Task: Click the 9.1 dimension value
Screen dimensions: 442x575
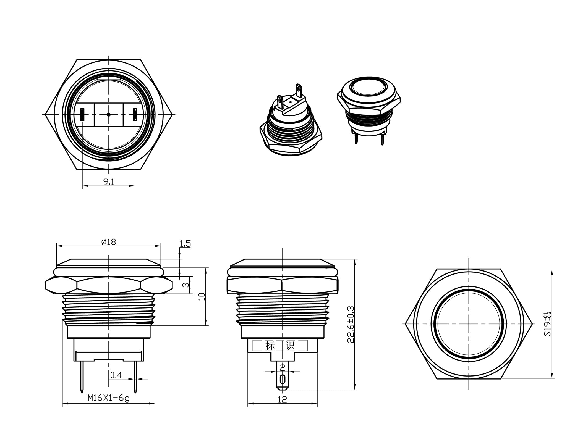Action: pyautogui.click(x=108, y=182)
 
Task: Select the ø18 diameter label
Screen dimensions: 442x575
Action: pyautogui.click(x=109, y=242)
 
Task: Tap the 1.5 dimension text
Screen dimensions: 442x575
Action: pyautogui.click(x=185, y=244)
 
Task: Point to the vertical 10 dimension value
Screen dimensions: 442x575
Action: pyautogui.click(x=202, y=296)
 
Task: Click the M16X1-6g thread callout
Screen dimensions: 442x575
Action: pyautogui.click(x=108, y=398)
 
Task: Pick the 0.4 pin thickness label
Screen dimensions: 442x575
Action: pyautogui.click(x=116, y=375)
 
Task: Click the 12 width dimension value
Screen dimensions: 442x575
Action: pyautogui.click(x=282, y=399)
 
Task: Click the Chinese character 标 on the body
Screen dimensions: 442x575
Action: pyautogui.click(x=270, y=346)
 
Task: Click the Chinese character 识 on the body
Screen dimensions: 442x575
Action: pyautogui.click(x=290, y=346)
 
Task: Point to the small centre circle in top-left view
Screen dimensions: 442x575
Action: pyautogui.click(x=108, y=114)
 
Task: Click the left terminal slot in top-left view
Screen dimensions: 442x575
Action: pyautogui.click(x=82, y=114)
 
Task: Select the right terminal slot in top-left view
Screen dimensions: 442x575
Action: pyautogui.click(x=135, y=114)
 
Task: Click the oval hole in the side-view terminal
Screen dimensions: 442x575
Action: pyautogui.click(x=282, y=380)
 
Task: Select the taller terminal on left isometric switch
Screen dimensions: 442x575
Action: pyautogui.click(x=299, y=91)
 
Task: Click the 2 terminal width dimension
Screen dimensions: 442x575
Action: pyautogui.click(x=282, y=367)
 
